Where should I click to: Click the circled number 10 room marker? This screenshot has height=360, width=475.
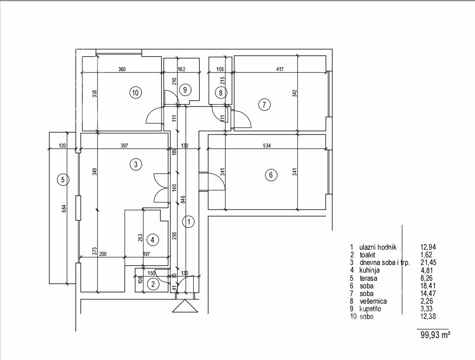[136, 93]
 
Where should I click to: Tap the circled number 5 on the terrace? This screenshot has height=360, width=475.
[63, 180]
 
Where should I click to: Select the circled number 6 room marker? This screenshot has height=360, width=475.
[271, 175]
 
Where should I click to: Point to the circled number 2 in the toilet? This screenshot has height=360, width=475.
[153, 284]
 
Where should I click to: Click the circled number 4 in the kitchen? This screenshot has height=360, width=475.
[153, 240]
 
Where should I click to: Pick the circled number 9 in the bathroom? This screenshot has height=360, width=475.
[185, 90]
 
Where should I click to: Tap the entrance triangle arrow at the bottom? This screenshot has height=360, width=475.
[185, 306]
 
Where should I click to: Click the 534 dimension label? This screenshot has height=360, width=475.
[266, 146]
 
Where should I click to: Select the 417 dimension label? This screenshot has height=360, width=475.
[280, 69]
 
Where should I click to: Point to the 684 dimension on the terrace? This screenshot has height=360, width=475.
[64, 209]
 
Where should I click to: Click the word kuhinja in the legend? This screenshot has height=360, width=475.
[369, 270]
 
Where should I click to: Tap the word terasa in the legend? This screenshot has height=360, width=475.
[369, 278]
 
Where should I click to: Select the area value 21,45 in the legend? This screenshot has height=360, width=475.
[429, 263]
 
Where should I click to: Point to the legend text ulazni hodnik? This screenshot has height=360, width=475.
[378, 247]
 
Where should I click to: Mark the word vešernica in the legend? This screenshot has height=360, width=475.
[373, 301]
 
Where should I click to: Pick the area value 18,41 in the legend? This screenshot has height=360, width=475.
[428, 286]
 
